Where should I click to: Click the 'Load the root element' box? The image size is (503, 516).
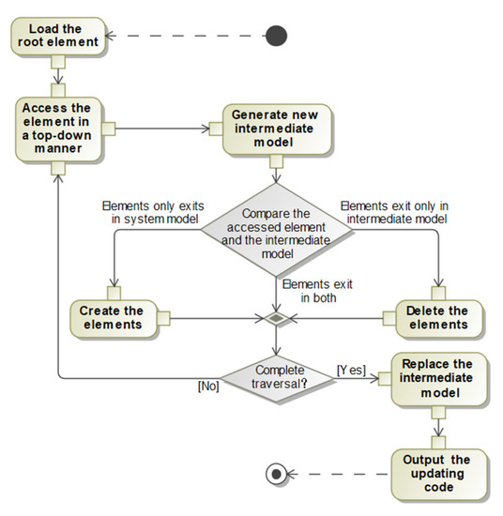pyautogui.click(x=58, y=34)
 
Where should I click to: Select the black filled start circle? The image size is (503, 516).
pyautogui.click(x=275, y=36)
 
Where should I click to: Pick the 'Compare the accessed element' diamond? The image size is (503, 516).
pyautogui.click(x=275, y=235)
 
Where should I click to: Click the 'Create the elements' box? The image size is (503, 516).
pyautogui.click(x=112, y=317)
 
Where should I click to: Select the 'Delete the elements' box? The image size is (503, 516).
pyautogui.click(x=437, y=317)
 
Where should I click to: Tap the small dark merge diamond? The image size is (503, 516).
pyautogui.click(x=275, y=318)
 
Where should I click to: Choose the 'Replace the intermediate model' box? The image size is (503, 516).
pyautogui.click(x=437, y=379)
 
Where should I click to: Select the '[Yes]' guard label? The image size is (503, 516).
pyautogui.click(x=351, y=371)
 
